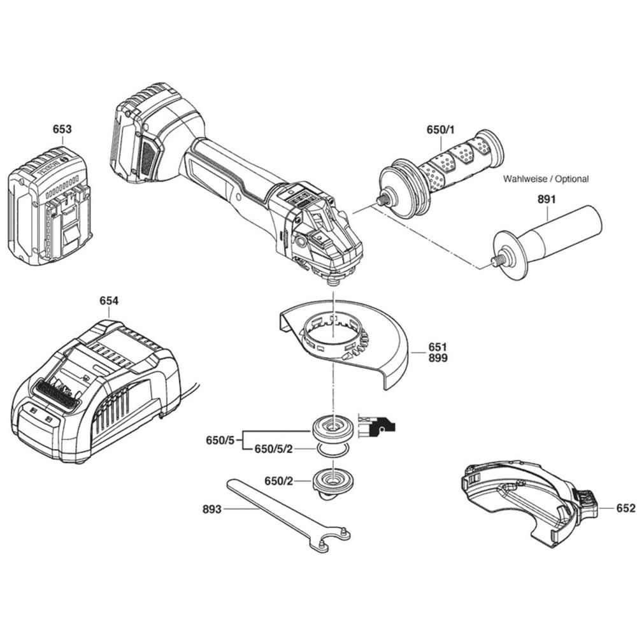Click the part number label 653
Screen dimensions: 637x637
(62, 129)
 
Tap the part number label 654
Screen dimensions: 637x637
(108, 300)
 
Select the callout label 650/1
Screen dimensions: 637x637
(440, 130)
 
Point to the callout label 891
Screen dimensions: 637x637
(546, 199)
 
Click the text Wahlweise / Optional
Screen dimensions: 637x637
(546, 179)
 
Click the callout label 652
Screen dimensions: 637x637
(626, 508)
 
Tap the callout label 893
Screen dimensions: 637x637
(212, 509)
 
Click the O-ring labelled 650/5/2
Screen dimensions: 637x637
(333, 450)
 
